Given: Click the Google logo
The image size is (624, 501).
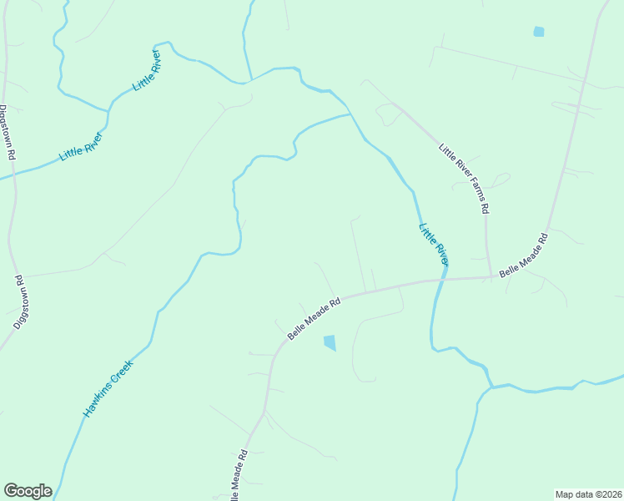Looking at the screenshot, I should pyautogui.click(x=28, y=491).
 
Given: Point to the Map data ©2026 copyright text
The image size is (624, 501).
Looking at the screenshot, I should pyautogui.click(x=588, y=493).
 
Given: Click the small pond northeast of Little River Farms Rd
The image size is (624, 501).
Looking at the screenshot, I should pyautogui.click(x=539, y=32).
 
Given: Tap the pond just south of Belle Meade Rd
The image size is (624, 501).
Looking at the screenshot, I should pyautogui.click(x=330, y=342).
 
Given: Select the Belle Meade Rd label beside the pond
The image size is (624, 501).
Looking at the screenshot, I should pyautogui.click(x=315, y=318).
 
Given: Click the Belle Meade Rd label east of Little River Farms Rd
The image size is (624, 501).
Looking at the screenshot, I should pyautogui.click(x=524, y=256).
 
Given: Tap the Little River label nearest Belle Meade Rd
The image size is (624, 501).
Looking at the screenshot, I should pyautogui.click(x=434, y=244).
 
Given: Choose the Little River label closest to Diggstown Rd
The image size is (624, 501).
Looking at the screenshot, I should pyautogui.click(x=81, y=146).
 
